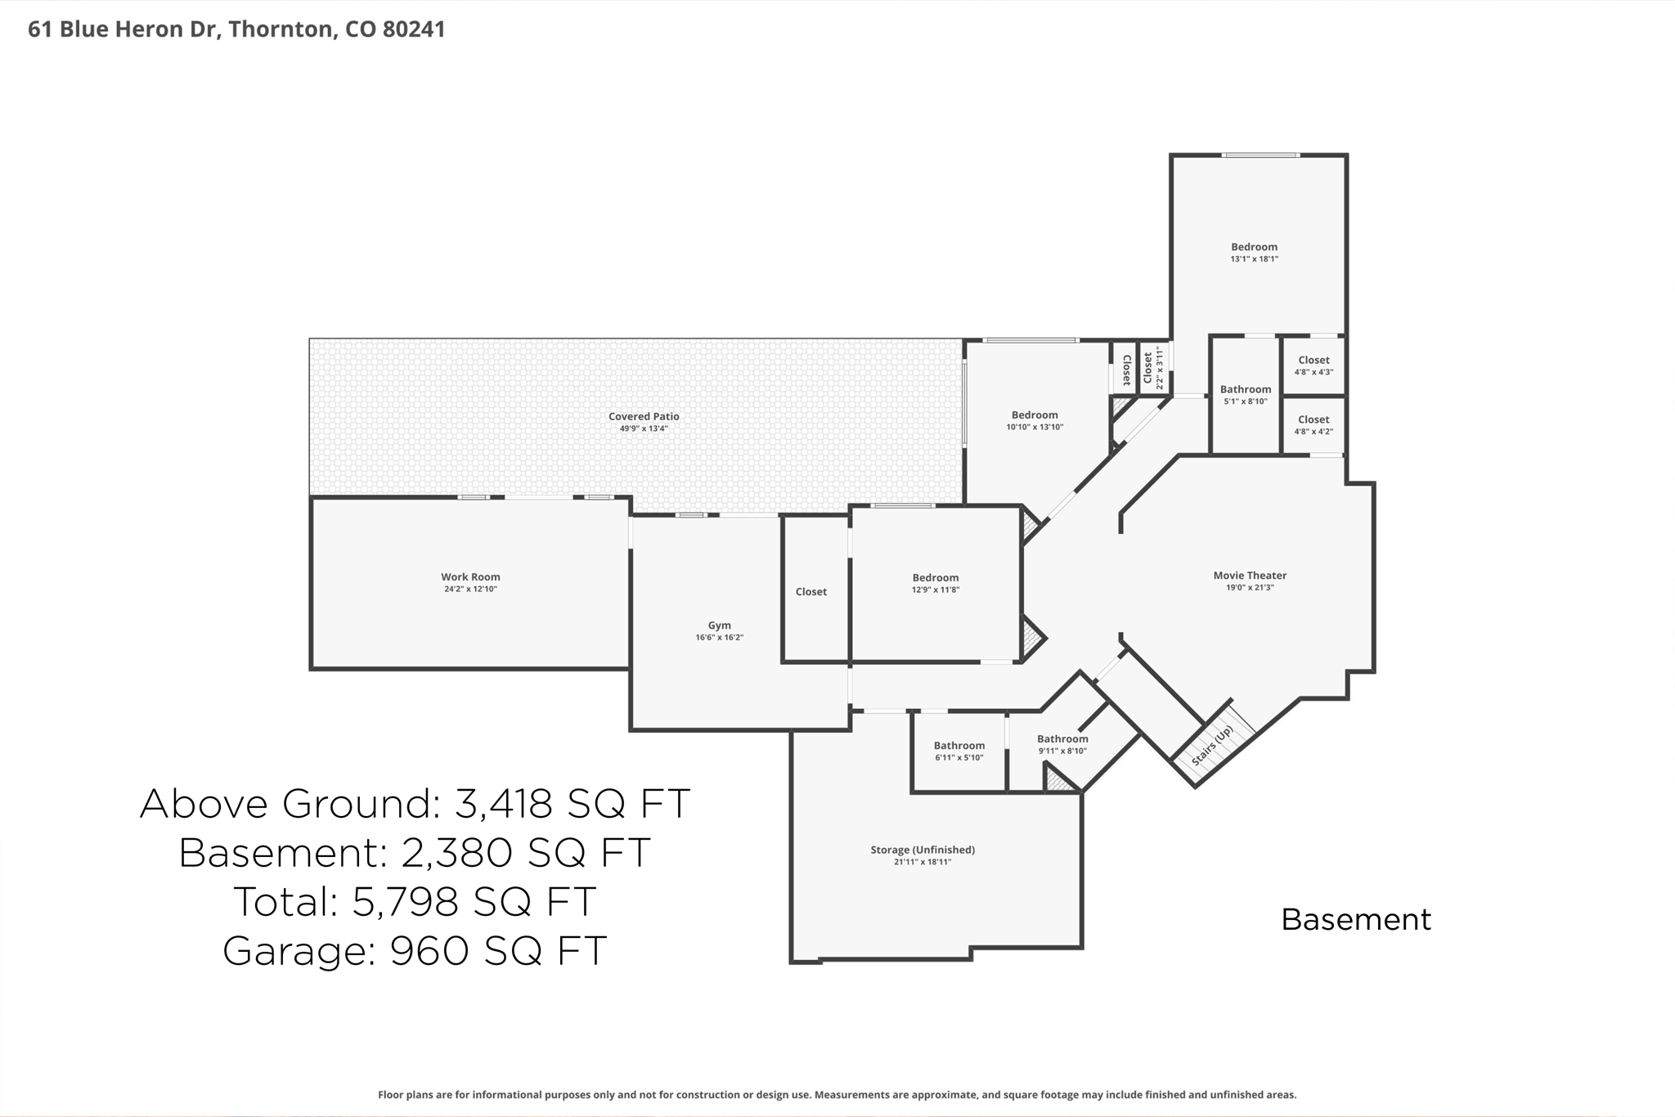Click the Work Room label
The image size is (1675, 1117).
(x=470, y=577)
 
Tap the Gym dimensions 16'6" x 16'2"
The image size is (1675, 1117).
(x=719, y=638)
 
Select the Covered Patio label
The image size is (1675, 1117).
(x=644, y=417)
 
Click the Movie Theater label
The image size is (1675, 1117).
(x=1250, y=576)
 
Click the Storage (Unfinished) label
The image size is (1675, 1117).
(x=923, y=850)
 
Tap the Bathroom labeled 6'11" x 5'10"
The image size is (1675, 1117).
(x=959, y=746)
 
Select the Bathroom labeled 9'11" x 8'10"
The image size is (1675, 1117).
(x=1062, y=739)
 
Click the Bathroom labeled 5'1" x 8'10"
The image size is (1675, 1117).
(x=1246, y=390)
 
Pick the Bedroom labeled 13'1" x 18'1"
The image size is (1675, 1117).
(x=1254, y=247)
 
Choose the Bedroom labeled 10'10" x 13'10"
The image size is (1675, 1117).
(x=1035, y=415)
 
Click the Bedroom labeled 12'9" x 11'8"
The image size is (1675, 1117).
(x=936, y=578)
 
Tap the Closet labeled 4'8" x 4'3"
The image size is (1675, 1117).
(x=1314, y=361)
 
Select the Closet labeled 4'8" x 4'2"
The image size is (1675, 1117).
(x=1314, y=420)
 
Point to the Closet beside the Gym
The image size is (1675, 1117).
(x=811, y=592)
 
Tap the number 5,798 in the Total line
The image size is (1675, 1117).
(x=404, y=902)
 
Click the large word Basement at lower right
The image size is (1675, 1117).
(x=1356, y=920)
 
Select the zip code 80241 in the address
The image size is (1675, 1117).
(x=414, y=29)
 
